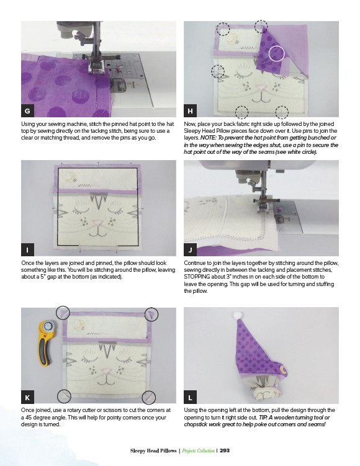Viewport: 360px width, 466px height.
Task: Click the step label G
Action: (x=27, y=111)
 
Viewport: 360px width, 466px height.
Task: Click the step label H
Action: (x=190, y=111)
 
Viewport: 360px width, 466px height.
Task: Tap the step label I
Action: (x=27, y=249)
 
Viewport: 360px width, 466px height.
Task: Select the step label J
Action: (x=190, y=249)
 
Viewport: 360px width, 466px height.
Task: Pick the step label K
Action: (x=27, y=397)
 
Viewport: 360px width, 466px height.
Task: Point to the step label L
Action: (x=190, y=397)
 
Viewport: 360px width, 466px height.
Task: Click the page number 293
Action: (x=225, y=450)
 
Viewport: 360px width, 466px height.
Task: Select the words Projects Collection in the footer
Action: (x=198, y=451)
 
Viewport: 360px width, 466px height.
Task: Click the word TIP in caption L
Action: (x=263, y=417)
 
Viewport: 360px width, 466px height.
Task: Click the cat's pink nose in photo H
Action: (x=261, y=87)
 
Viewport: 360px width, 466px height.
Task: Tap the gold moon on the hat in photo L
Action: (x=284, y=370)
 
